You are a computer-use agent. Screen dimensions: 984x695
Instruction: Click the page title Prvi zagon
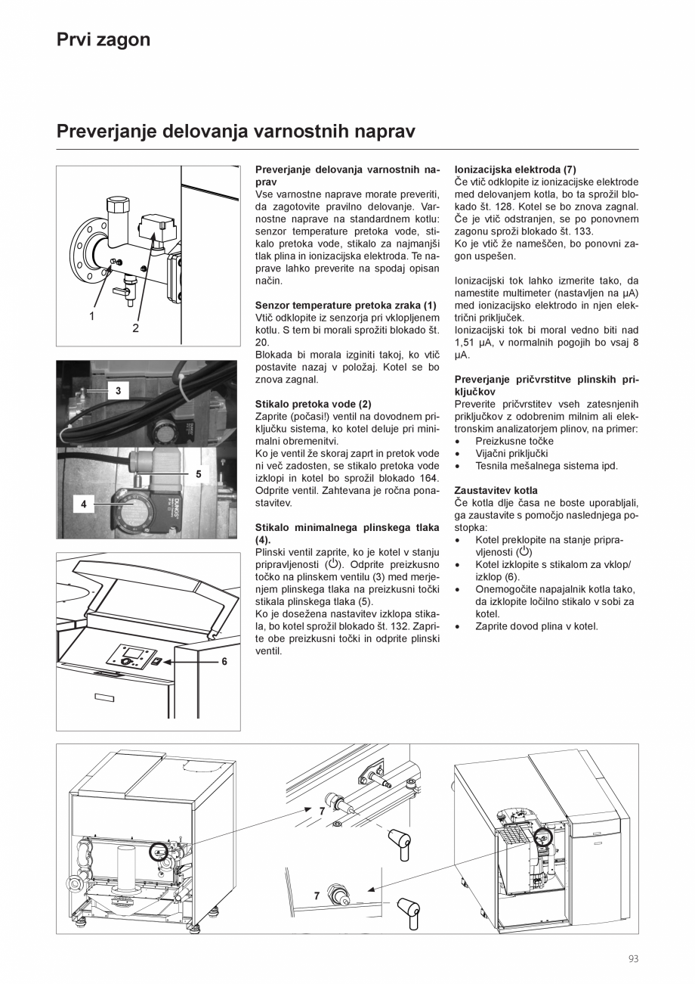(x=103, y=39)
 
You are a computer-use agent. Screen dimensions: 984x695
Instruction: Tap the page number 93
(x=633, y=959)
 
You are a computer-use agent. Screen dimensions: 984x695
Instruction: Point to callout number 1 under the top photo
(x=92, y=316)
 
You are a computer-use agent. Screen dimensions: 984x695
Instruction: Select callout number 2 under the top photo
(x=136, y=328)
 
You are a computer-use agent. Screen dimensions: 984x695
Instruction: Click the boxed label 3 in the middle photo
(x=119, y=390)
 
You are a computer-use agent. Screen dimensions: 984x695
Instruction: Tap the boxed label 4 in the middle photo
(x=83, y=502)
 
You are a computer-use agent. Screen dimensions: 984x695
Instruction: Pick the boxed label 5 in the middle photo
(x=198, y=474)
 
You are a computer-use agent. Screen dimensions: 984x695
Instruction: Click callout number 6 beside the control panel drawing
(x=224, y=661)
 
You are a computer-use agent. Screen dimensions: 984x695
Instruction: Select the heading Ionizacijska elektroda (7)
(x=515, y=170)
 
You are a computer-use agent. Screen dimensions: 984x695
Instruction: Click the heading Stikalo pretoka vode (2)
(x=314, y=405)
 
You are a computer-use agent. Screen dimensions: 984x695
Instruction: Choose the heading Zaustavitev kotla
(x=496, y=490)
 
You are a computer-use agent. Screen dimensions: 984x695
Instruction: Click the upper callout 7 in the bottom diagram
(x=322, y=811)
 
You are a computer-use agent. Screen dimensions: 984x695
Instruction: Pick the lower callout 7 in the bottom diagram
(x=317, y=896)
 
